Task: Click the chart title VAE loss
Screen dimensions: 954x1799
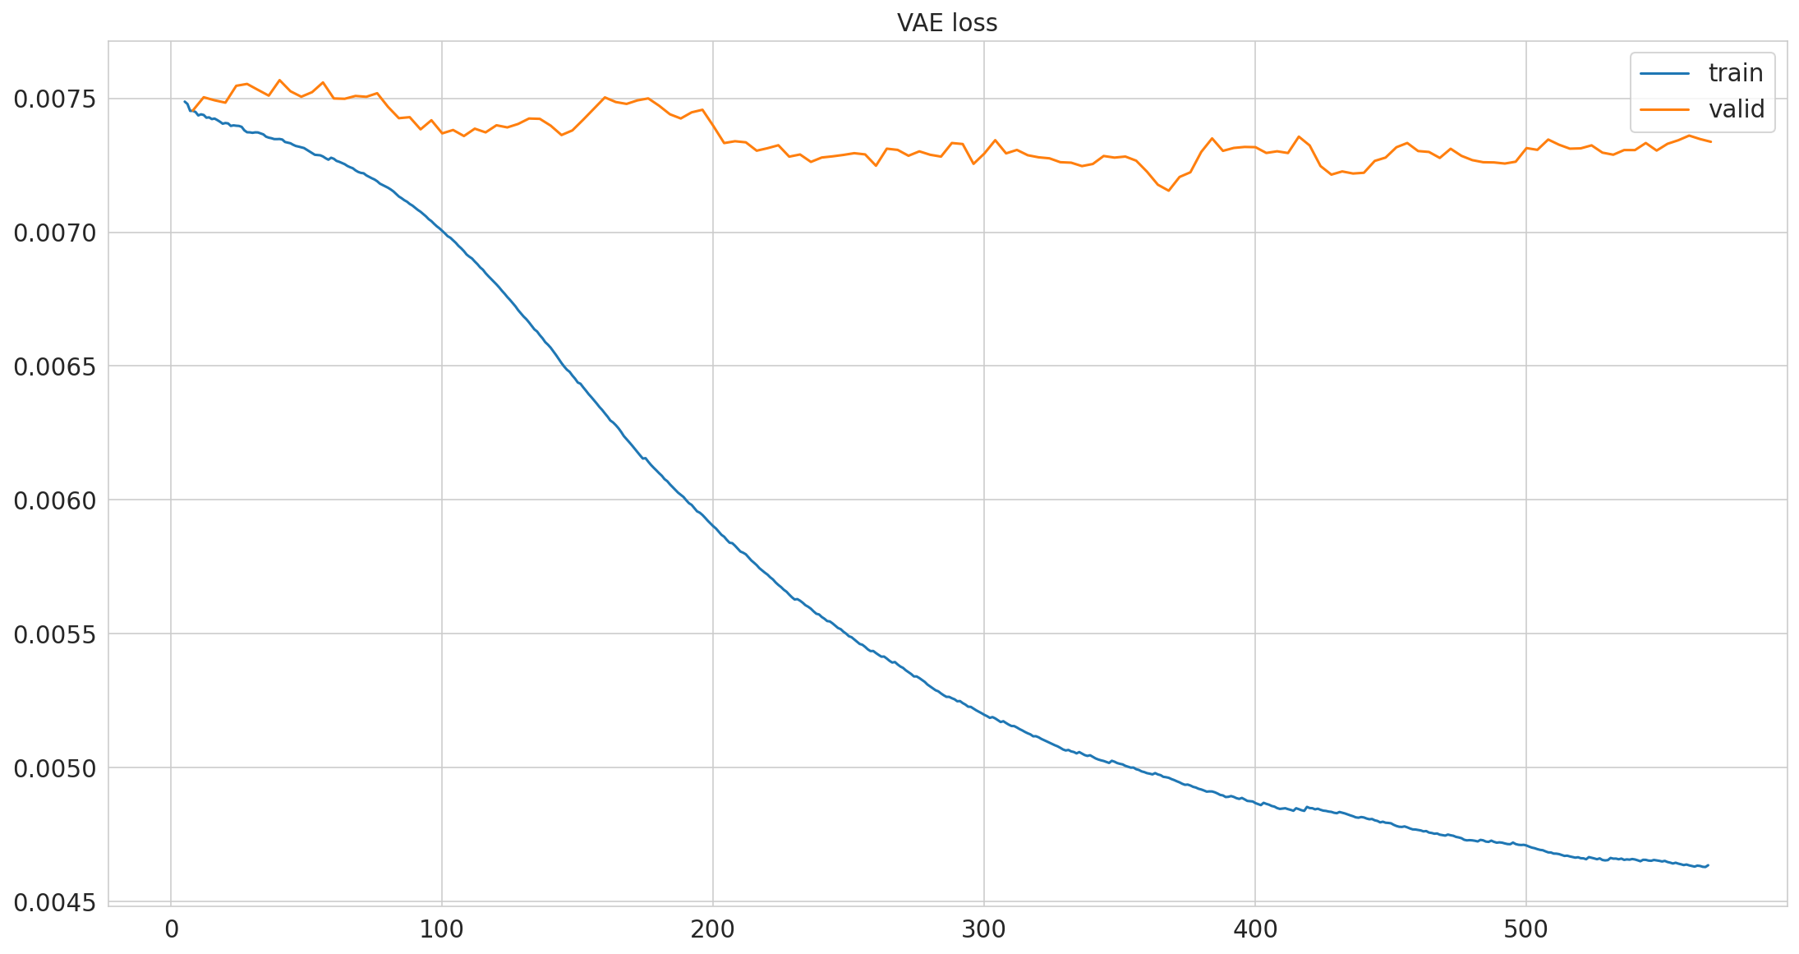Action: pos(947,23)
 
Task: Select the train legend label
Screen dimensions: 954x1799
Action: pos(1736,73)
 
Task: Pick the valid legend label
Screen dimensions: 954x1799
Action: pos(1737,109)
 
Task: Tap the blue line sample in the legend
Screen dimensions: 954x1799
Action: pos(1665,73)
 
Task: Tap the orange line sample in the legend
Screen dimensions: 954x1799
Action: pos(1665,109)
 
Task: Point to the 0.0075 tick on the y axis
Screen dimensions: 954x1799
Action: pos(55,99)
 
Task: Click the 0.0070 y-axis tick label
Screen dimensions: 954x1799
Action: pos(55,233)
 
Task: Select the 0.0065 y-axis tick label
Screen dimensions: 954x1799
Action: pos(55,366)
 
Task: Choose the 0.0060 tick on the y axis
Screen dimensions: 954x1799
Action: pos(55,500)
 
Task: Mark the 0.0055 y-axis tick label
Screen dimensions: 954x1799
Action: pos(55,634)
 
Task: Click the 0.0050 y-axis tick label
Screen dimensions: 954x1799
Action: pos(55,768)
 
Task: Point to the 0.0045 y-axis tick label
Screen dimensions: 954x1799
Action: pos(55,902)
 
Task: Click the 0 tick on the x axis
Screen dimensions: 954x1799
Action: pos(171,930)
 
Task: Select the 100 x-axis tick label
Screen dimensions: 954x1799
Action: pos(442,930)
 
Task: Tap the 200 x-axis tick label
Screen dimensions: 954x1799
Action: pos(713,930)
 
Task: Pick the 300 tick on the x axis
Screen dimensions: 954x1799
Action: pos(984,930)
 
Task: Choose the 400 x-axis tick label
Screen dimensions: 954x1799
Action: pos(1255,930)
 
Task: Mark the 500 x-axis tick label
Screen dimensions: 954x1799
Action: pos(1526,930)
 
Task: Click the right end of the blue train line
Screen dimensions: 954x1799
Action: pos(1708,864)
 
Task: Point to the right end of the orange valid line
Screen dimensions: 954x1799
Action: pos(1710,141)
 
